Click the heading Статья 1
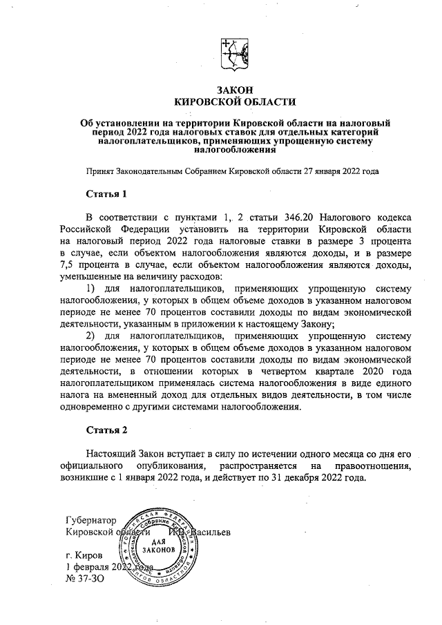pyautogui.click(x=106, y=193)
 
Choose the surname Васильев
pyautogui.click(x=205, y=532)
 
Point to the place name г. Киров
pyautogui.click(x=84, y=555)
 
